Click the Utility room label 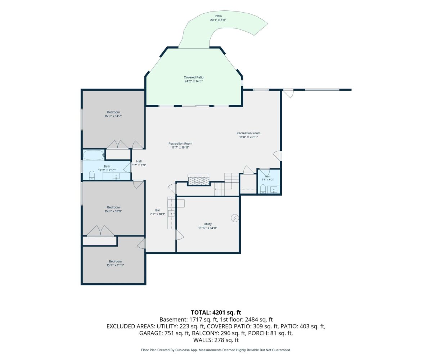coord(207,224)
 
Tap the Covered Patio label coord(193,77)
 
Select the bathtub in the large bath coord(94,155)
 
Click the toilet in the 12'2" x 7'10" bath coord(92,175)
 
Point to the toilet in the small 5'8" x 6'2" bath coord(263,189)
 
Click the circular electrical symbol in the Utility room coord(235,218)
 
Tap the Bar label coord(157,210)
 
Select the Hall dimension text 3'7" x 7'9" coord(139,165)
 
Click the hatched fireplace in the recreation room coord(199,181)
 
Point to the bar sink coord(171,213)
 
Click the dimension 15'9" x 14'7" coord(113,116)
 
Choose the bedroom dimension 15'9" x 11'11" coord(115,265)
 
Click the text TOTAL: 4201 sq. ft coord(216,312)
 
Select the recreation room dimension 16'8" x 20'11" coord(248,137)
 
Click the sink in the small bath coord(274,189)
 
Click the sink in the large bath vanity coord(116,176)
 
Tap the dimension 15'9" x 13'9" coord(113,211)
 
